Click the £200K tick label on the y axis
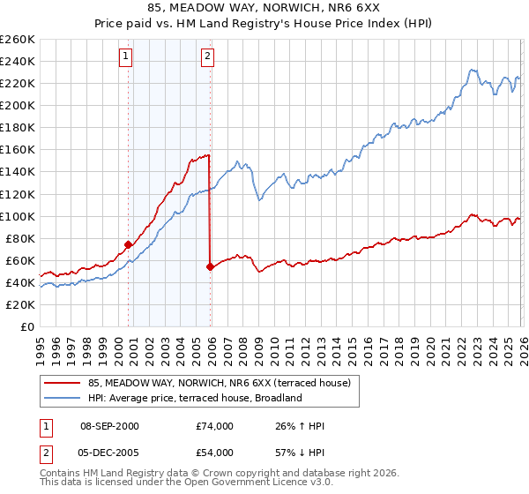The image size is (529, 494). pos(18,105)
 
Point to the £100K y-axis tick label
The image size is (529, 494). pos(18,216)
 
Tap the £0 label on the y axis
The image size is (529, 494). pos(26,326)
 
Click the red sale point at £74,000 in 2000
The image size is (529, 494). pos(129,244)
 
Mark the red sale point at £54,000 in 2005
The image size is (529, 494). pos(210,266)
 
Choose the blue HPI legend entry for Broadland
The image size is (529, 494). pos(194,398)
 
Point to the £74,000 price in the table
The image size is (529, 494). pos(214,426)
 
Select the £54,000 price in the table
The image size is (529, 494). pos(214,453)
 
